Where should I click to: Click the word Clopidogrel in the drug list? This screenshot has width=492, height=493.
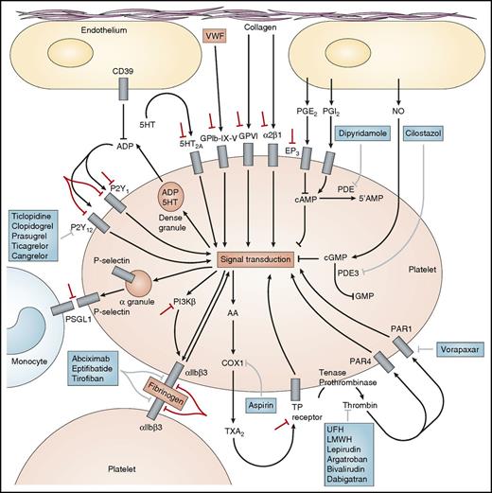(36, 228)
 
